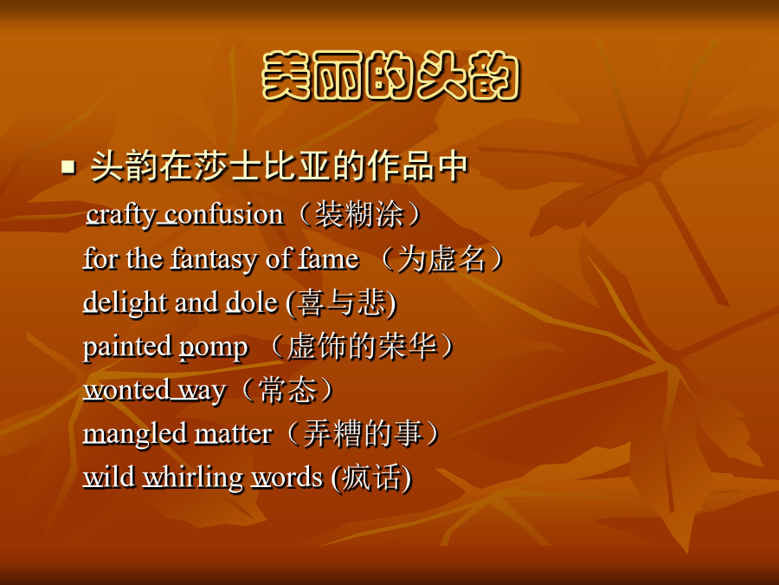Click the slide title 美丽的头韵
coord(390,75)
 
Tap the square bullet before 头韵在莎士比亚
coord(68,166)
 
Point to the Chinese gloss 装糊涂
coord(358,215)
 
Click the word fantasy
coord(214,259)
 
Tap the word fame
coord(328,258)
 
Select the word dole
coord(252,302)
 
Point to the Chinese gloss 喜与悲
coord(342,302)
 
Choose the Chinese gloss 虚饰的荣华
coord(362,346)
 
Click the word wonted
coord(126,389)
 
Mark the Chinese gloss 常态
coord(287,389)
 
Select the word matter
coord(233,433)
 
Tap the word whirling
coord(193,478)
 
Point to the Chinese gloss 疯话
coord(371,478)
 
